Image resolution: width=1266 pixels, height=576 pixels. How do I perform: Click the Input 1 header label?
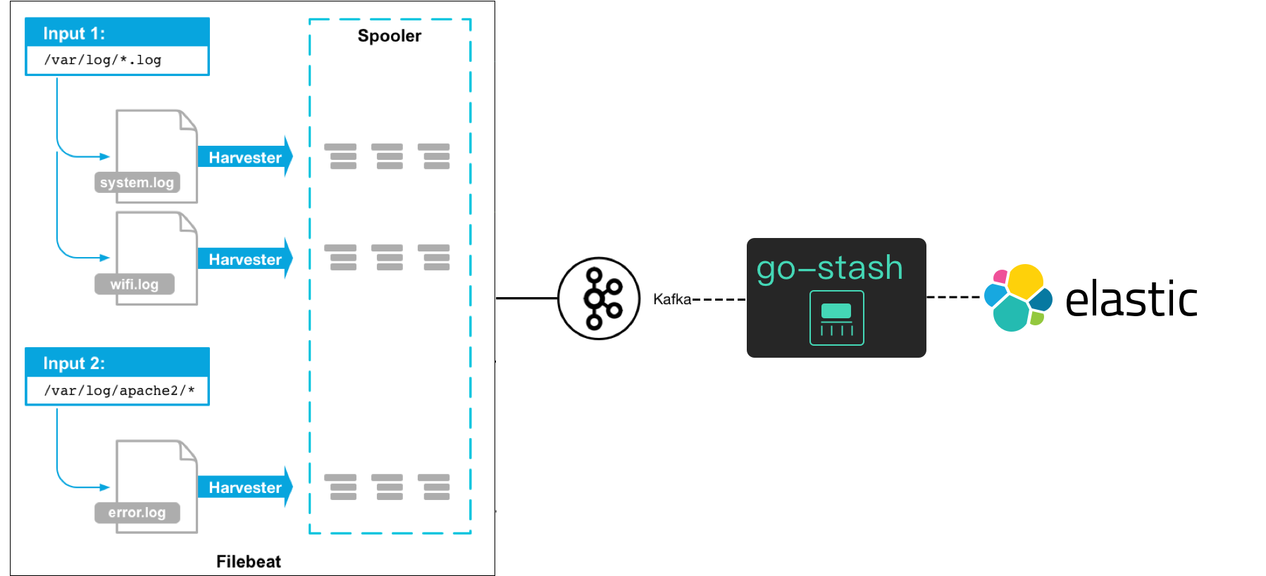[74, 33]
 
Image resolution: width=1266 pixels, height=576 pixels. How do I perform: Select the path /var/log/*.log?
[103, 60]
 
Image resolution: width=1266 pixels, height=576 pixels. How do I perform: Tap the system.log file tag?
[137, 182]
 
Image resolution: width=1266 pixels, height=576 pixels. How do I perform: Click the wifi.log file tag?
[135, 284]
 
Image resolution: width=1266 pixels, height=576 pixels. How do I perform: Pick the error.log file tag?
[137, 513]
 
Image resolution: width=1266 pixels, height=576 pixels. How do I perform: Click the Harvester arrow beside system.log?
[245, 157]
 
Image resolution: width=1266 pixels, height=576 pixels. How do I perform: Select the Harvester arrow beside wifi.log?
[245, 259]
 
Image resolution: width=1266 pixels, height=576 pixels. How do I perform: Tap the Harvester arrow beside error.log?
[245, 487]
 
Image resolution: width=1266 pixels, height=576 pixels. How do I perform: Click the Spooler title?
[390, 36]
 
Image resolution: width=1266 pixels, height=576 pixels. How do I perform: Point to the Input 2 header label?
[74, 363]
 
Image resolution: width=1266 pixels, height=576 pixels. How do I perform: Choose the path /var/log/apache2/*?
[119, 391]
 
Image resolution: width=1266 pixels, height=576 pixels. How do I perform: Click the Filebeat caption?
[249, 561]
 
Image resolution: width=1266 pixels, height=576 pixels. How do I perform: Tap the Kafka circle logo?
[599, 299]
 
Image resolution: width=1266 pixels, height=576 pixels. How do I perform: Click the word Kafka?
[672, 299]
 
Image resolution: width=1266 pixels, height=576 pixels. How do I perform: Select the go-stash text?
[830, 268]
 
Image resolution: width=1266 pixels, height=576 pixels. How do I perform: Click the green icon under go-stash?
[837, 318]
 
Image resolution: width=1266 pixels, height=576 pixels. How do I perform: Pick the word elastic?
[1131, 299]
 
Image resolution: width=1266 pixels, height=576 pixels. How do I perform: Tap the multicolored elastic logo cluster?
[1018, 298]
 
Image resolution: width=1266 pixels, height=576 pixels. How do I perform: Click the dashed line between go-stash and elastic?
[953, 297]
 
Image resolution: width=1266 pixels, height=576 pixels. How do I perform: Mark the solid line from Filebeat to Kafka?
[526, 299]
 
